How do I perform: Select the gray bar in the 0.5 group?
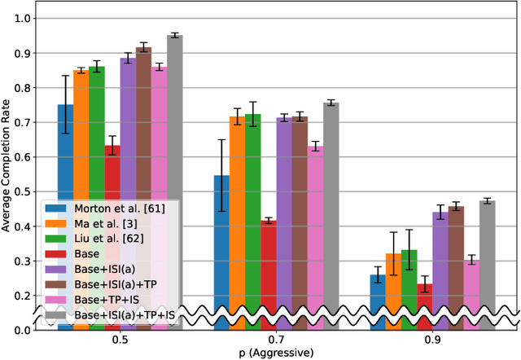[x=175, y=122]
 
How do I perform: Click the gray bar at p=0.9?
[x=488, y=261]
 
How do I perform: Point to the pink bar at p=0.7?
[x=315, y=232]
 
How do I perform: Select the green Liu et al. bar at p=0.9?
[x=409, y=285]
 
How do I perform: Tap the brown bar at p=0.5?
[x=144, y=122]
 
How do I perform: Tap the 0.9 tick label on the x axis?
[x=449, y=340]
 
